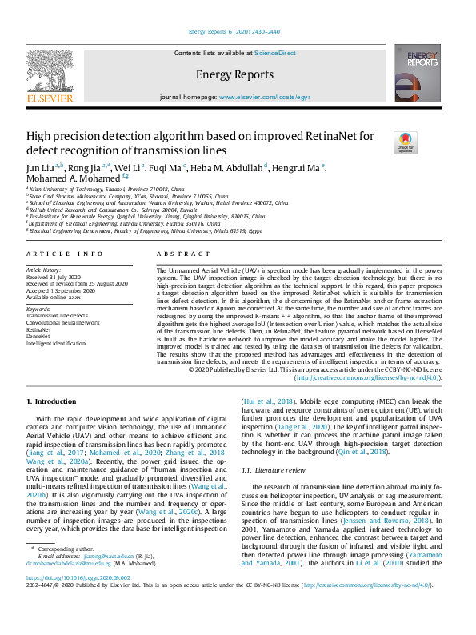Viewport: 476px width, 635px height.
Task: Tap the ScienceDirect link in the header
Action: [274, 53]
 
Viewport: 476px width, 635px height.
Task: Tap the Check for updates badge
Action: [405, 143]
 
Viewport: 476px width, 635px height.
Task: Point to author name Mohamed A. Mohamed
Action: [68, 179]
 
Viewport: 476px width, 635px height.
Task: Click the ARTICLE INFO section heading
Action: [65, 254]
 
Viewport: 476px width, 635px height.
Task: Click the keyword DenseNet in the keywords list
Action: [39, 336]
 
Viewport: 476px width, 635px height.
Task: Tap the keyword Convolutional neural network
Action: [63, 322]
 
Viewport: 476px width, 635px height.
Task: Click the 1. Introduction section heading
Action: [52, 401]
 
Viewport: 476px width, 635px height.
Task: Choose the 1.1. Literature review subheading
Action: [274, 470]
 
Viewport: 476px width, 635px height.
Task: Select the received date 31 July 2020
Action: [57, 277]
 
